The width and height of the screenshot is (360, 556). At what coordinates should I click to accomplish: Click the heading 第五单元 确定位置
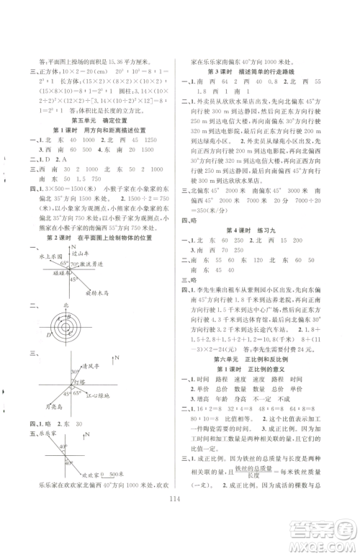pos(104,120)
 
